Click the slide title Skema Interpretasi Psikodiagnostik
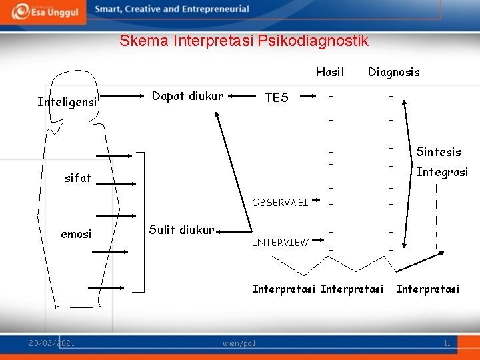243,41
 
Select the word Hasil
330,71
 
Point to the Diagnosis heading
393,72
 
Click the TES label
277,97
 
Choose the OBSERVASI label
280,202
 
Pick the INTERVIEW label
280,242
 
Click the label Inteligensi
67,102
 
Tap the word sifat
77,178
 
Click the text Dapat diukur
187,96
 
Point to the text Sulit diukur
181,230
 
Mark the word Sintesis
439,152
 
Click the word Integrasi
441,172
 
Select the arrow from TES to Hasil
309,97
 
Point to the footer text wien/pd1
239,343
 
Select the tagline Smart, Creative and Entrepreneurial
172,9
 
